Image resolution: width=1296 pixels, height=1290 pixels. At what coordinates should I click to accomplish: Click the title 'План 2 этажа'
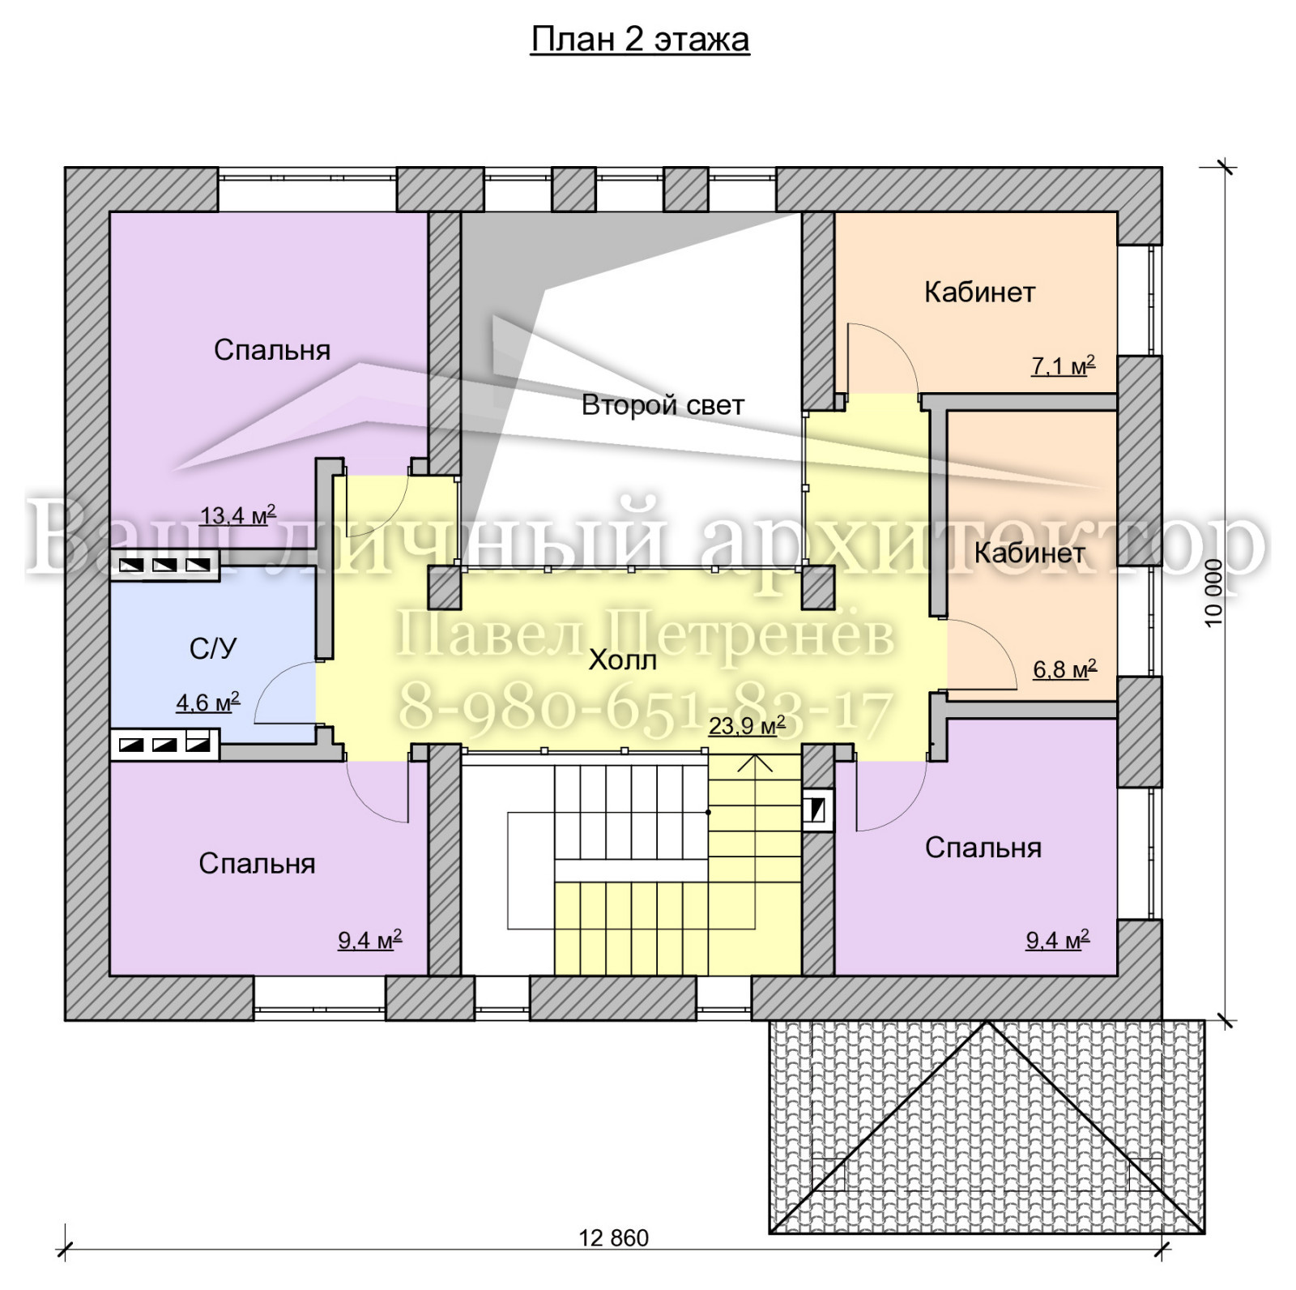point(640,40)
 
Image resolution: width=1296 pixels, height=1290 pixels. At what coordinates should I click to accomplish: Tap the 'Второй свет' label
point(663,404)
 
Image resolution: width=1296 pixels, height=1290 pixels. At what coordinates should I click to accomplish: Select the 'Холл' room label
point(622,660)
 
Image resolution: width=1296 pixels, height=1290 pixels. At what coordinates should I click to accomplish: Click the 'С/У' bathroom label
point(213,648)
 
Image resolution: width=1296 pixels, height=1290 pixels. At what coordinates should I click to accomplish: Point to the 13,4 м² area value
point(238,515)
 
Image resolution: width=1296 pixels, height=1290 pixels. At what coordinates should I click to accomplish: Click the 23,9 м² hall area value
point(747,724)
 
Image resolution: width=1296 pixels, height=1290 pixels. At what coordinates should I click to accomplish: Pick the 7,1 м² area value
point(1063,365)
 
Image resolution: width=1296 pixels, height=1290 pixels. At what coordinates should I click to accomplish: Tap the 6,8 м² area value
point(1064,669)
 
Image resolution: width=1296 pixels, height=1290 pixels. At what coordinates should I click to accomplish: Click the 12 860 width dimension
point(614,1238)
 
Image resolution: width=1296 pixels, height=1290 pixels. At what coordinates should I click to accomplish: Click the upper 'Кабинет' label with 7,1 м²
point(980,292)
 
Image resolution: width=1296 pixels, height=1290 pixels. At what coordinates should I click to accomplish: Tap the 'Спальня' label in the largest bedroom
point(272,350)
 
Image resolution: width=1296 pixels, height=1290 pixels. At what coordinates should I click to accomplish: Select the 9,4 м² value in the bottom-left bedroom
point(369,940)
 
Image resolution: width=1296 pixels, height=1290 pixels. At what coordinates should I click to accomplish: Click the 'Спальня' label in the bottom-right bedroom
point(983,848)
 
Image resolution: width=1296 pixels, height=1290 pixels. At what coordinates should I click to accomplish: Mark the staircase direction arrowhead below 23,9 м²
point(755,762)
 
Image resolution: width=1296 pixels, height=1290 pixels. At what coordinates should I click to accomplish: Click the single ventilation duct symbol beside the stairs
point(816,809)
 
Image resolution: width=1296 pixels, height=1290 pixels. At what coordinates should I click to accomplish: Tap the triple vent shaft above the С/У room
point(164,566)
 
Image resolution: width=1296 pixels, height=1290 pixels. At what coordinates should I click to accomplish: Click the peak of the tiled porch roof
point(987,1022)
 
